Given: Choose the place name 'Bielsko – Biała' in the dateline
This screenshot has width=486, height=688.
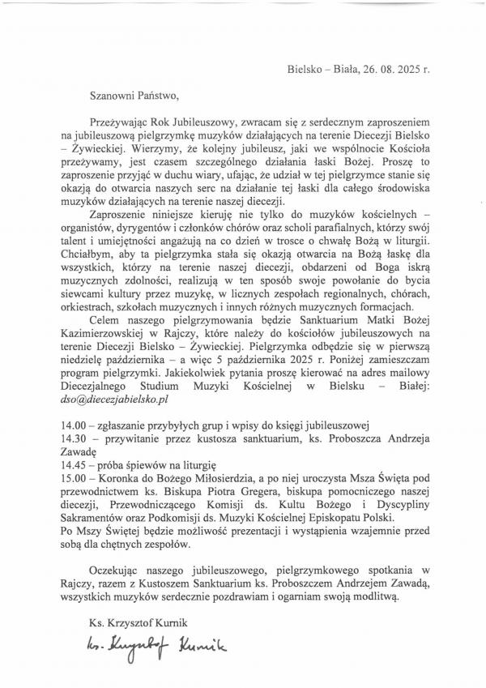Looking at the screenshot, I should (x=322, y=69).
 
